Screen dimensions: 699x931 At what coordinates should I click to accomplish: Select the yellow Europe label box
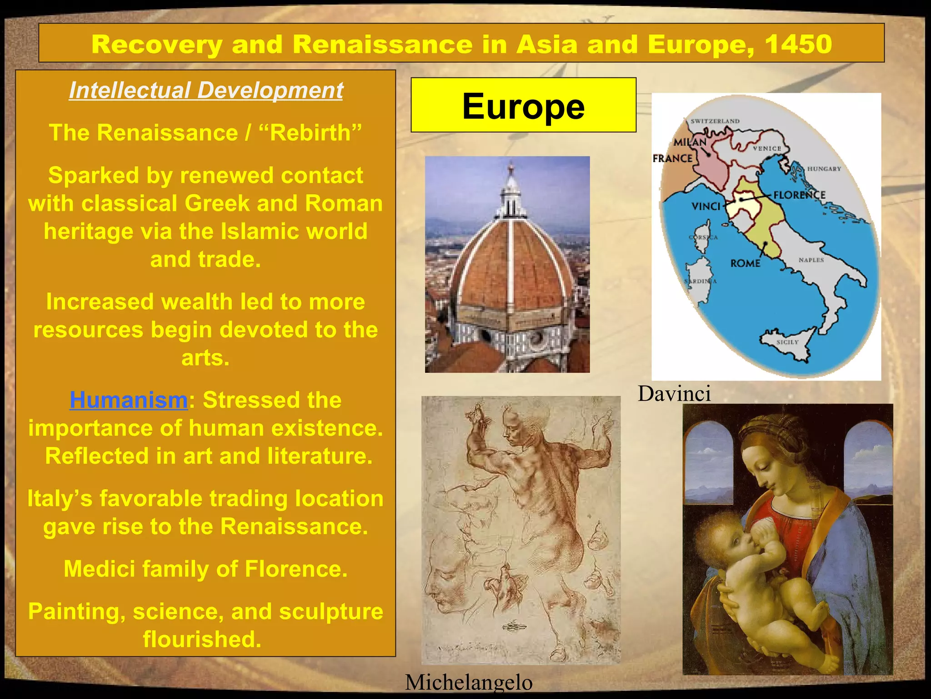[x=523, y=105]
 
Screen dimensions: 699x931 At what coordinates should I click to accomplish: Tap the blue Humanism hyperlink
[x=128, y=400]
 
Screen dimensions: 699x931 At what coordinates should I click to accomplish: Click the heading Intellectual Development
[x=206, y=90]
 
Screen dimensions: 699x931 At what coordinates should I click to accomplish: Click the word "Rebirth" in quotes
[x=310, y=133]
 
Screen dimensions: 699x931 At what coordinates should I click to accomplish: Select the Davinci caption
[x=674, y=394]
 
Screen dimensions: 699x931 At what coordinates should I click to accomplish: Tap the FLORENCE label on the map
[x=799, y=195]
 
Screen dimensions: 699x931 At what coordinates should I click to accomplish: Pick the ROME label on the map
[x=745, y=263]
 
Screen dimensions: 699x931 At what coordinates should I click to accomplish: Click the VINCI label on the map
[x=706, y=207]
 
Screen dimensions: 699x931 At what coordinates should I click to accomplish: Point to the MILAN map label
[x=690, y=142]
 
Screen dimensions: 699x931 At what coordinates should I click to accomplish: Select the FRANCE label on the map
[x=672, y=158]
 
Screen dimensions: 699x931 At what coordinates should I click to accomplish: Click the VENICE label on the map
[x=767, y=148]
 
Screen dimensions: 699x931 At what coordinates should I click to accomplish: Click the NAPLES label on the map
[x=811, y=260]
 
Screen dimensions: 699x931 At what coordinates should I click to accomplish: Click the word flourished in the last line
[x=202, y=639]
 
